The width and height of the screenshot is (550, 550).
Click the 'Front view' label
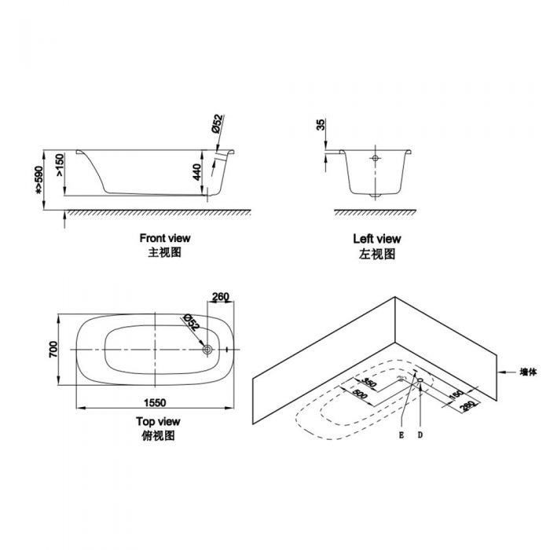click(165, 237)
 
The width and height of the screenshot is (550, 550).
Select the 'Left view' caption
click(377, 239)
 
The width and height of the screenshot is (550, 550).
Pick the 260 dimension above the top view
click(221, 297)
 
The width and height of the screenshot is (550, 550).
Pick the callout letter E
click(401, 433)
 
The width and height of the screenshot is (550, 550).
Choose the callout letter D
click(420, 433)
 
